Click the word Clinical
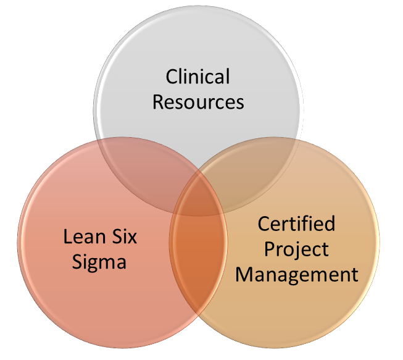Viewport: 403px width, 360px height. tap(197, 78)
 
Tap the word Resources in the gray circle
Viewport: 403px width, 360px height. tap(197, 101)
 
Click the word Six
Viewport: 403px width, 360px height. tap(123, 237)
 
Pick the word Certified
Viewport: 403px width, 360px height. tap(296, 224)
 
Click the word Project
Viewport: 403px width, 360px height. tap(296, 249)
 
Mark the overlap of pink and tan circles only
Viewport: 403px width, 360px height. tap(197, 259)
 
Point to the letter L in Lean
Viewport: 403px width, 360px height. tap(66, 237)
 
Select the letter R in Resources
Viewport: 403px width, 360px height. tap(158, 101)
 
